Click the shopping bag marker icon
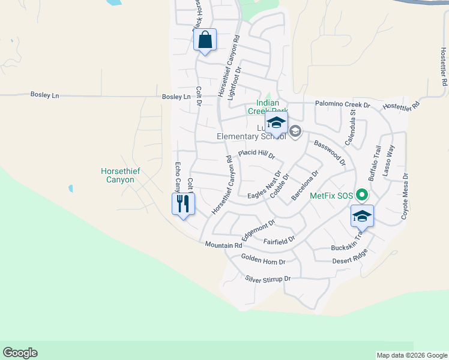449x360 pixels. (205, 40)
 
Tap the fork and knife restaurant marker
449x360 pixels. (183, 204)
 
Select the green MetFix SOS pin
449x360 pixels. (362, 195)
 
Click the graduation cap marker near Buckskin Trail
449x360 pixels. (362, 216)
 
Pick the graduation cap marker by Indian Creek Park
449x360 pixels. (276, 124)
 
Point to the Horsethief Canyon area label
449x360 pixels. (121, 175)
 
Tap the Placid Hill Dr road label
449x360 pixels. (256, 154)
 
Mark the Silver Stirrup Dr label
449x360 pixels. (268, 279)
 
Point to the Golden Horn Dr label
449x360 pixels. (263, 259)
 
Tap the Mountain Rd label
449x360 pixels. (223, 245)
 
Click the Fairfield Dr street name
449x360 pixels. (280, 241)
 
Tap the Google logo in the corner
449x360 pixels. (20, 353)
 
